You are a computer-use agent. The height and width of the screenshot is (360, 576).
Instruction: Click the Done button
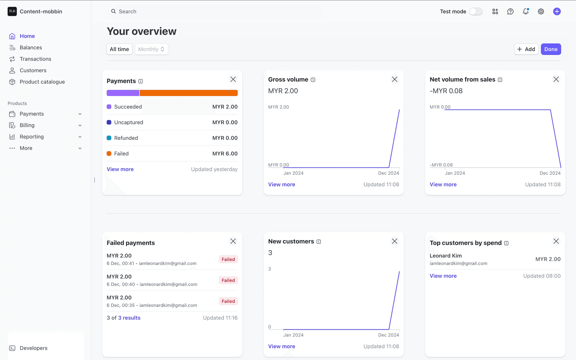(550, 49)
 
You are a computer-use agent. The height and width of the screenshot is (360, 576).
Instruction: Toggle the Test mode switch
(475, 11)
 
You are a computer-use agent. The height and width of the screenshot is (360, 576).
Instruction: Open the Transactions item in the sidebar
(35, 59)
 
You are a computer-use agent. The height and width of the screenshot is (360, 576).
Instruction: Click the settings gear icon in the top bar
(541, 11)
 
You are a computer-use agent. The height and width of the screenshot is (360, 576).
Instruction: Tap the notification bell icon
(525, 11)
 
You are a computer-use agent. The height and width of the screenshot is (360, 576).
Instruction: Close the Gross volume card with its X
(394, 79)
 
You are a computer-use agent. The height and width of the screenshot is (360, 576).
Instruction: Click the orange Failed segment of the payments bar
(188, 93)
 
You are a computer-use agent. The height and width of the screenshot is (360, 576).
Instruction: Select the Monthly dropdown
(151, 49)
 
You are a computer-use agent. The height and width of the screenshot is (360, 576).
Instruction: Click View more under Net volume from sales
(443, 184)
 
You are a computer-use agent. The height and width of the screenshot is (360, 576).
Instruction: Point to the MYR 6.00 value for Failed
(225, 154)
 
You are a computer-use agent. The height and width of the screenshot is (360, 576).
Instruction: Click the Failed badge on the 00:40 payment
(228, 280)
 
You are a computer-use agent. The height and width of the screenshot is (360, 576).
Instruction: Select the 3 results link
(129, 318)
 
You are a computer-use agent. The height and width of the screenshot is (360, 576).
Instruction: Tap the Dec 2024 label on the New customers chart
(388, 335)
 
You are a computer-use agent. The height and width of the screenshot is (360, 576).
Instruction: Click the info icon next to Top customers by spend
(506, 243)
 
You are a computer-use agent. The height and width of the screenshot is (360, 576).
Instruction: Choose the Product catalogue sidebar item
(42, 82)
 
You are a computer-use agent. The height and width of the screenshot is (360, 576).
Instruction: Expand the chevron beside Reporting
(80, 137)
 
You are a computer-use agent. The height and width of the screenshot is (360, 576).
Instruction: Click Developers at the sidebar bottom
(33, 348)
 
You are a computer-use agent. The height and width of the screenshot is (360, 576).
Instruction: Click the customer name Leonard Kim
(445, 256)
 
